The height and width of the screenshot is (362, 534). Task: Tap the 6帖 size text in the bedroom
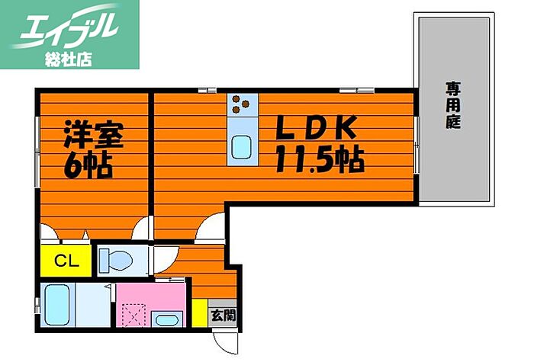coord(88,165)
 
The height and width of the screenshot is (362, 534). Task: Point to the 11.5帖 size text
coord(319,160)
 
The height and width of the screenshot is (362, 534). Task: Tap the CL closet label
coord(65,261)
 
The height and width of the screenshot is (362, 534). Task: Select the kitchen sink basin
coord(243,146)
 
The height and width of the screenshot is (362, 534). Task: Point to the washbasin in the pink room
coord(167,319)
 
